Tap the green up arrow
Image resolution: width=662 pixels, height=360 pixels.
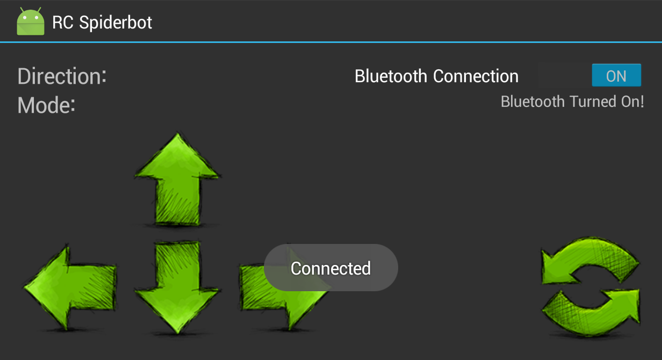click(x=177, y=183)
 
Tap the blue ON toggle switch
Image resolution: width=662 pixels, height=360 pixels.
click(x=616, y=76)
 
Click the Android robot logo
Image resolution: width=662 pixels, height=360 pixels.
click(x=31, y=21)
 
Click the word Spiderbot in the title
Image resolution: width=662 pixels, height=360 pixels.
click(x=116, y=22)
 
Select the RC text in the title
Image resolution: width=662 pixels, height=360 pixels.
click(x=63, y=22)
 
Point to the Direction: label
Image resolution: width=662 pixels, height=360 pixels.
click(x=62, y=76)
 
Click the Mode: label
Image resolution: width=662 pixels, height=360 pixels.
click(x=46, y=105)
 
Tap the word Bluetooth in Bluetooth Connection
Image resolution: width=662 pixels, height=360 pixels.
click(x=391, y=76)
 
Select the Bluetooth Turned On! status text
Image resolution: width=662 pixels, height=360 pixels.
click(x=572, y=102)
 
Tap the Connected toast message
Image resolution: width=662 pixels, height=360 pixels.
click(x=330, y=268)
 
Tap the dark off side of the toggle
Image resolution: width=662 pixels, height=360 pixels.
click(x=564, y=76)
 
